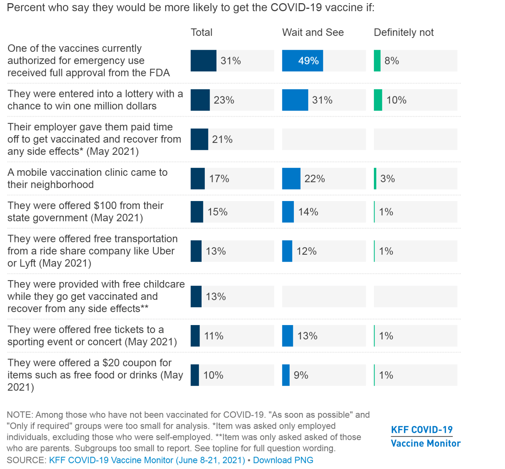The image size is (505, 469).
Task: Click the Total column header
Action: (201, 33)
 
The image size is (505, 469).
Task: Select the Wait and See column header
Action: (313, 33)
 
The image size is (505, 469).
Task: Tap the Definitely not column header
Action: (404, 33)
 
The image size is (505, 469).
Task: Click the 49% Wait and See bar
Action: (302, 61)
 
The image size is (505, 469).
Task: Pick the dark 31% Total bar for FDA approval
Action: (203, 61)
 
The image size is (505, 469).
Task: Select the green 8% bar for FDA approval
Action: (377, 61)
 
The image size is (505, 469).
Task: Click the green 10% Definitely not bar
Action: (378, 100)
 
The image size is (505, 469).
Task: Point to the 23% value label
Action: (224, 100)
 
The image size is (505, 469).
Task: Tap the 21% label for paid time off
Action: (222, 139)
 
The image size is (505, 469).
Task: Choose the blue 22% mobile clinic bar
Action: (291, 179)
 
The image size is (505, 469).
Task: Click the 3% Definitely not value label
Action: (388, 179)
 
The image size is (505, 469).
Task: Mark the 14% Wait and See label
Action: (308, 212)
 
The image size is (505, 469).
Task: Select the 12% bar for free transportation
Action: (287, 251)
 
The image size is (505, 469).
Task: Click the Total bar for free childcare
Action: (196, 297)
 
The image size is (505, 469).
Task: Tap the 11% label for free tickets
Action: (214, 336)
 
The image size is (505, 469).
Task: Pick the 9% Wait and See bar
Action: (286, 375)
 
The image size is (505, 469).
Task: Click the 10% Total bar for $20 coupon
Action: (195, 375)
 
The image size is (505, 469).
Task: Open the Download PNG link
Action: (283, 460)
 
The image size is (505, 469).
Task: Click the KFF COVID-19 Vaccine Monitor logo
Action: (425, 436)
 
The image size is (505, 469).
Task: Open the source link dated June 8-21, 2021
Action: (147, 460)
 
